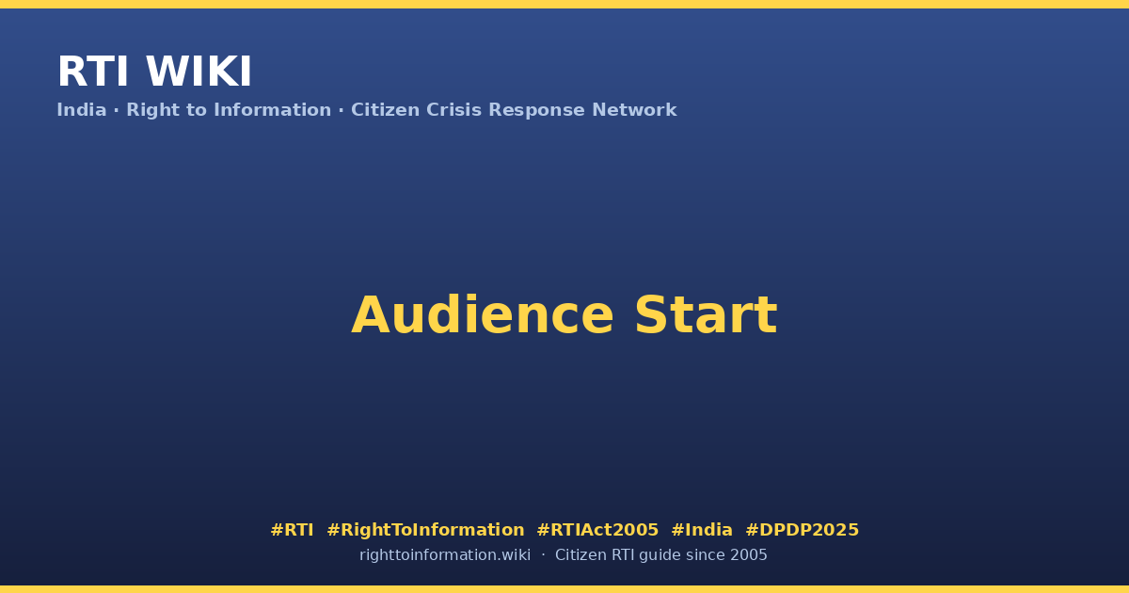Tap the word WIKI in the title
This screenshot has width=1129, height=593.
coord(199,72)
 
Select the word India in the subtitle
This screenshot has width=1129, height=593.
coord(82,110)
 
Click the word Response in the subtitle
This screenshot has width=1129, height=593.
coord(536,110)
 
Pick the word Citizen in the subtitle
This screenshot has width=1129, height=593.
coord(385,110)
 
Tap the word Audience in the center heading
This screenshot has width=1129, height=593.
coord(483,315)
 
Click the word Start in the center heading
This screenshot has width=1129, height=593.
coord(707,315)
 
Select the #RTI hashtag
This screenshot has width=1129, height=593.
coord(292,530)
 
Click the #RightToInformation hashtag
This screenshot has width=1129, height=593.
coord(425,531)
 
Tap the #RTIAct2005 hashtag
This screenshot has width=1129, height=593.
coord(597,530)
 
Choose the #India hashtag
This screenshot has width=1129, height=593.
coord(702,530)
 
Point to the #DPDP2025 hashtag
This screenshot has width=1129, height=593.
coord(802,530)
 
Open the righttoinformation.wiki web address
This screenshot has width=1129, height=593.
coord(445,555)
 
